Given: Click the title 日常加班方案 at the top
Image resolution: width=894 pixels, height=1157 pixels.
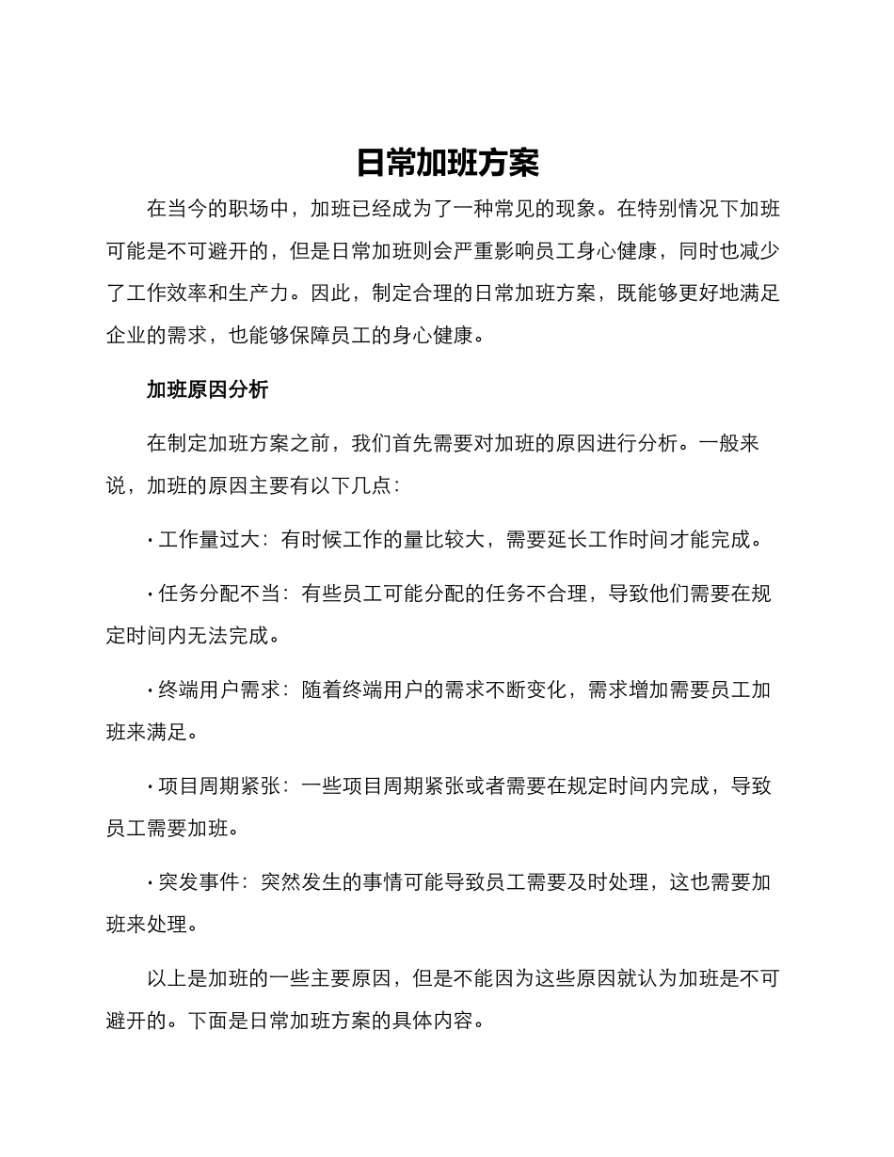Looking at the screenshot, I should [x=447, y=163].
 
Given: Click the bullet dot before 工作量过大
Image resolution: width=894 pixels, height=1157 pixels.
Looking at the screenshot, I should [x=151, y=541].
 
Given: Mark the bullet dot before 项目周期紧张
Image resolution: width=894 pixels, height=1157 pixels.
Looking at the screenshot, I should [x=151, y=787].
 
